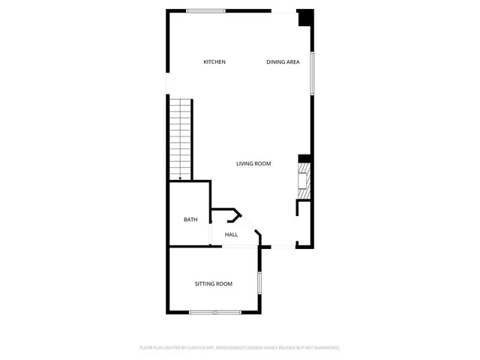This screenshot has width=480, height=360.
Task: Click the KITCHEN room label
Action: (x=214, y=62)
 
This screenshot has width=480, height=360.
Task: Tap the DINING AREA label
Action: (x=283, y=62)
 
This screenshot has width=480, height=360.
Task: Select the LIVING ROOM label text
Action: (x=253, y=163)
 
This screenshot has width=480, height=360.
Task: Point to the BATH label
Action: (x=190, y=220)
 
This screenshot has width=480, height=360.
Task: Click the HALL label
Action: (x=231, y=235)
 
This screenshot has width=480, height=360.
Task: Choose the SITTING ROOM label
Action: (x=214, y=284)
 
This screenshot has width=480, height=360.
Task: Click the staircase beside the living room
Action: (x=180, y=139)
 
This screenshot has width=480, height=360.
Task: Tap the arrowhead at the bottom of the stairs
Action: (x=180, y=177)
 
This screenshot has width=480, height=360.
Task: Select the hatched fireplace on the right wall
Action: (x=304, y=181)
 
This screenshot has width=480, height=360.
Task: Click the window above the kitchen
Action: (x=205, y=10)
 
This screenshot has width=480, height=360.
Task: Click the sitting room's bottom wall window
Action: (x=214, y=312)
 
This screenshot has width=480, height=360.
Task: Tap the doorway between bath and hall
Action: (x=211, y=233)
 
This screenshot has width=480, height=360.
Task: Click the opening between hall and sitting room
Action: (x=234, y=247)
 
